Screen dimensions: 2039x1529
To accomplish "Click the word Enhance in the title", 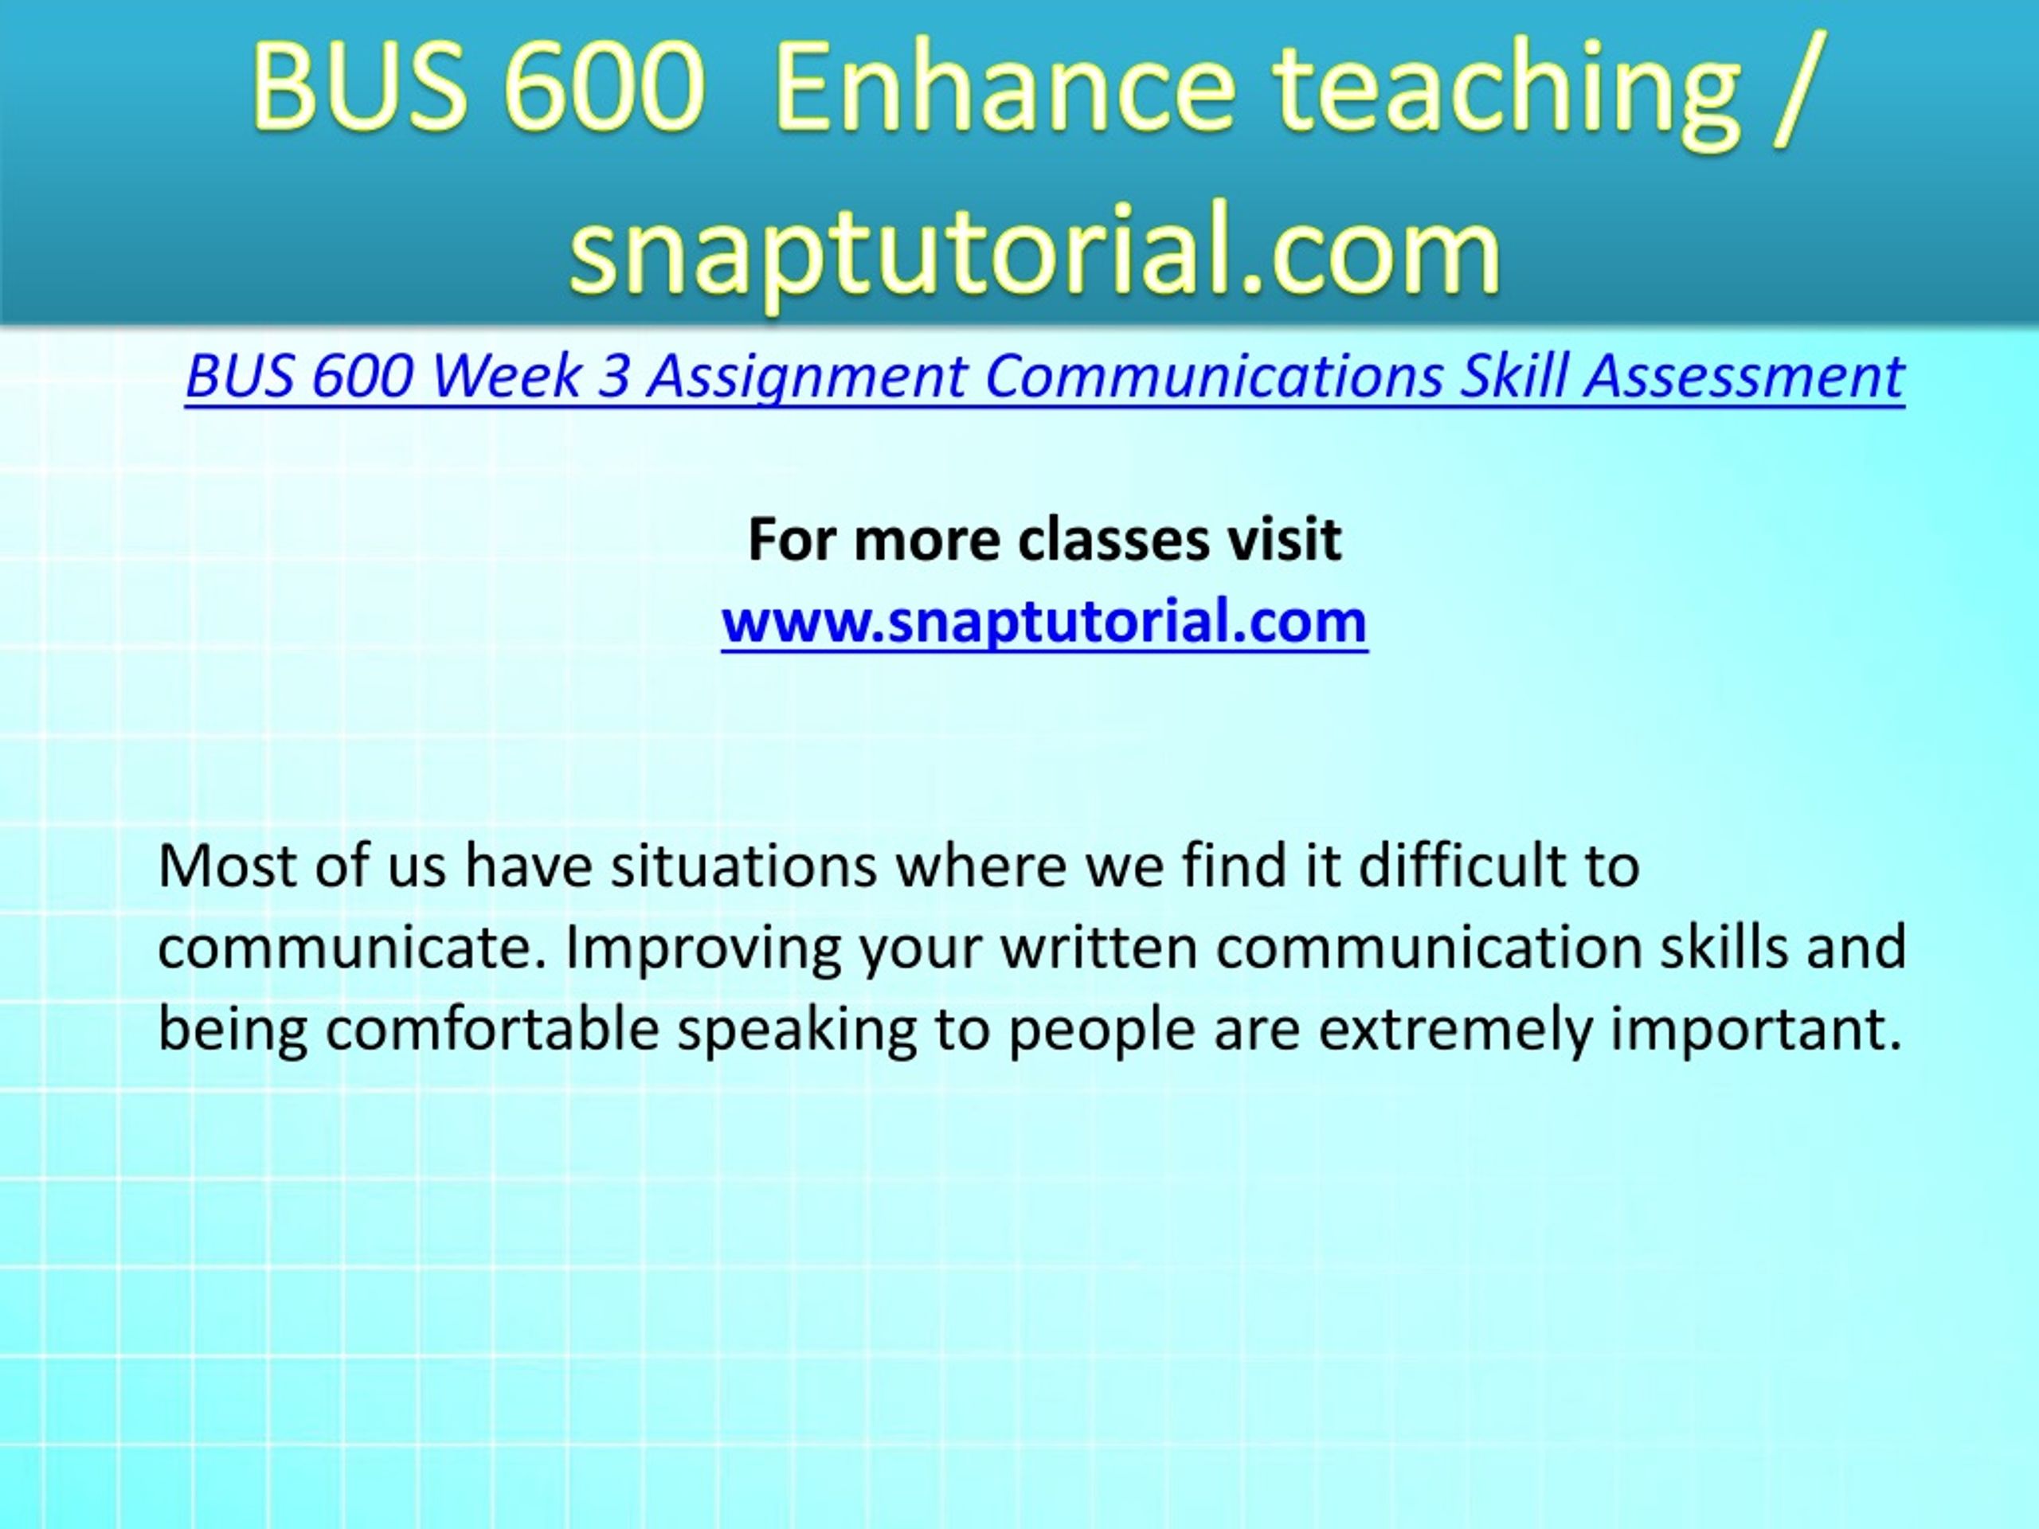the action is click(1006, 88).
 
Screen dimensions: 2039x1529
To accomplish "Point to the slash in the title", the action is click(1794, 88).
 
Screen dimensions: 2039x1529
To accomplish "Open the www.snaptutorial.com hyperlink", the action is click(1044, 621).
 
